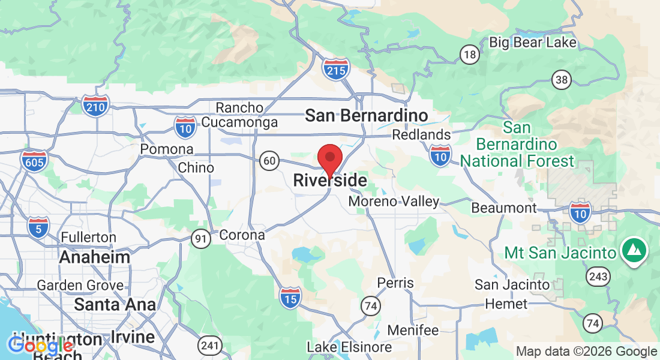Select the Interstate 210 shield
point(96,106)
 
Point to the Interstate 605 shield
point(34,161)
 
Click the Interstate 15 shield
point(290,297)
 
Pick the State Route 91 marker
point(201,239)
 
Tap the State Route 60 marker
point(270,160)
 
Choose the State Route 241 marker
point(209,346)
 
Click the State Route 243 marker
point(599,277)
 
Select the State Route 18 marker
point(470,55)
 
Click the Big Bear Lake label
point(533,42)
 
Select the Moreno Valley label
point(394,202)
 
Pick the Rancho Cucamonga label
point(239,115)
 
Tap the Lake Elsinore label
point(349,347)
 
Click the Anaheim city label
point(94,257)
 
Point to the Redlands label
point(421,134)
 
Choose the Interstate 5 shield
point(38,227)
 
